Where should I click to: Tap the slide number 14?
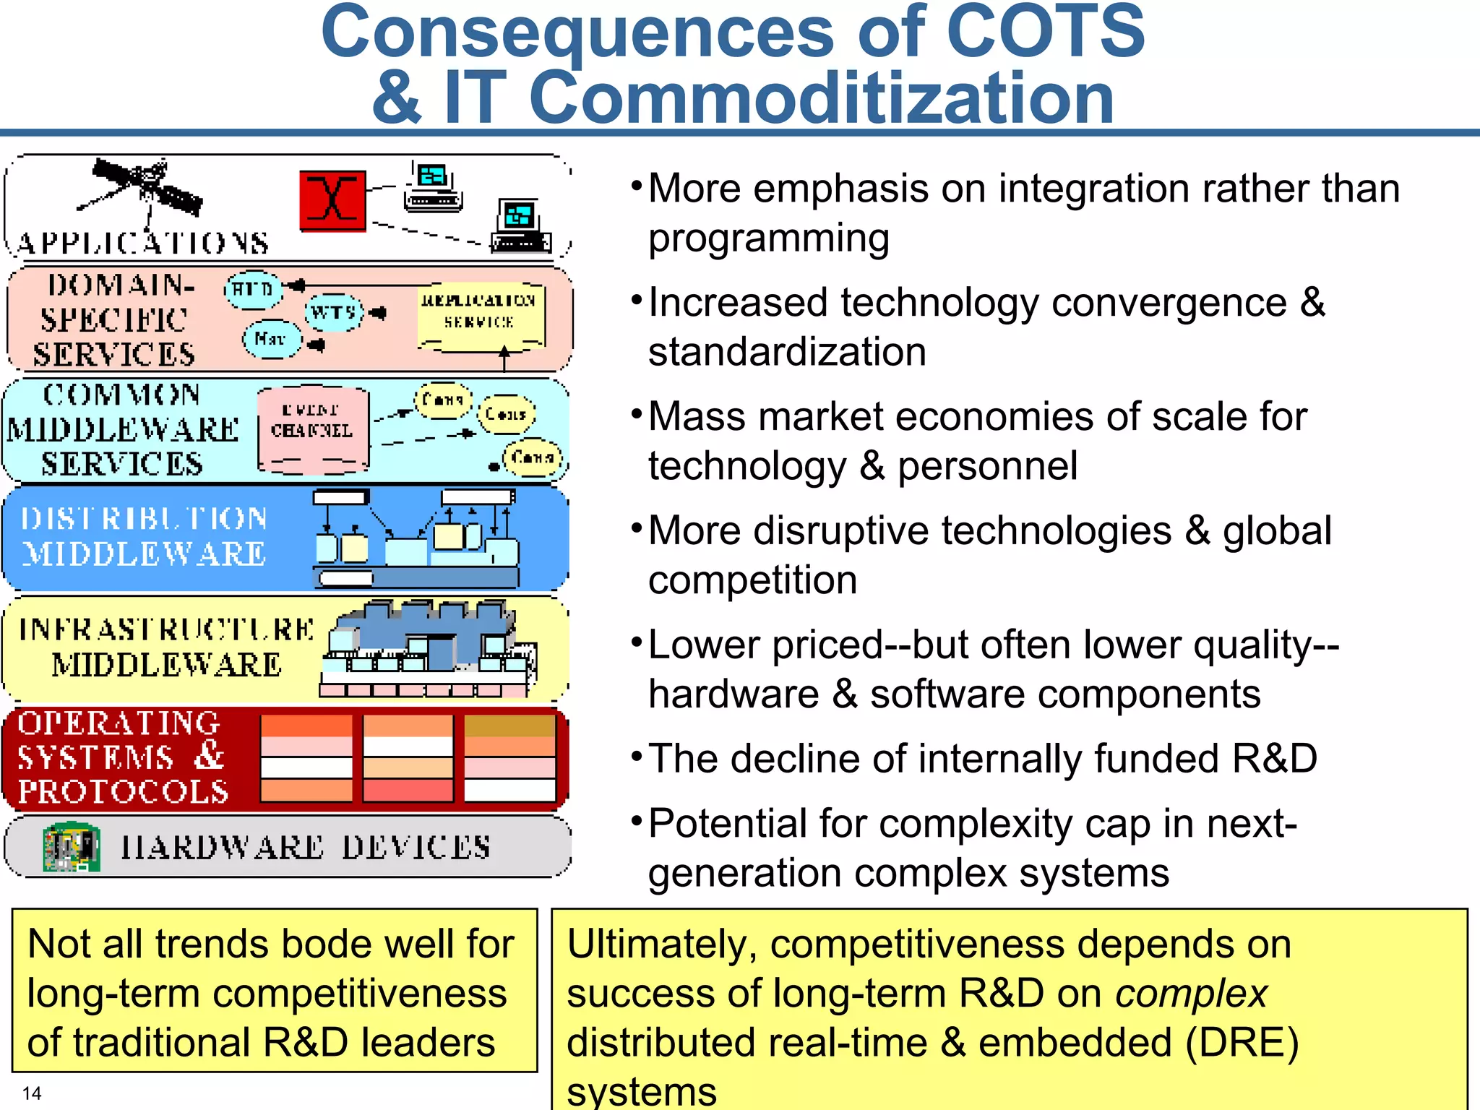pos(32,1093)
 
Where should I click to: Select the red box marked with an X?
pos(332,201)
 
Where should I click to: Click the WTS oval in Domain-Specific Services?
pos(333,313)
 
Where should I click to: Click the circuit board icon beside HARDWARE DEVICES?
pos(71,846)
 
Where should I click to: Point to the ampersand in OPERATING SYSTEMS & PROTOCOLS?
pos(210,756)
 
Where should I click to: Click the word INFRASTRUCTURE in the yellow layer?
pos(166,629)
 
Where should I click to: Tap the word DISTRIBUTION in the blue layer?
pos(145,518)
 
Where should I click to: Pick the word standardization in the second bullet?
pos(787,353)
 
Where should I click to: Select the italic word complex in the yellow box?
pos(1191,994)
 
